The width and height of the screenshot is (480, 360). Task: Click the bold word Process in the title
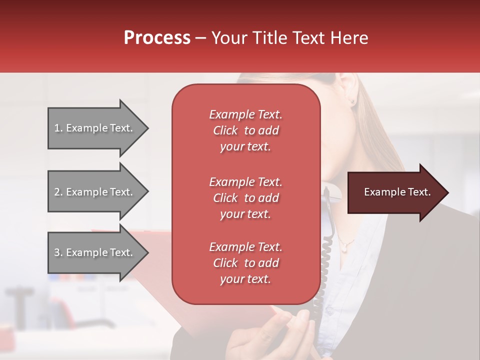click(x=157, y=38)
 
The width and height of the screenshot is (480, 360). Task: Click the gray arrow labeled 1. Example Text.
click(x=95, y=128)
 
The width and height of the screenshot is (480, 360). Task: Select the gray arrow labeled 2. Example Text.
click(x=95, y=192)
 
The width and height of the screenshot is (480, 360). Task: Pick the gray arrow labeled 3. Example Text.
click(x=95, y=252)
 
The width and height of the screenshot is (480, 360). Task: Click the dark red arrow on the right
click(x=395, y=192)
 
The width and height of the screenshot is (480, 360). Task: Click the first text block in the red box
click(x=245, y=130)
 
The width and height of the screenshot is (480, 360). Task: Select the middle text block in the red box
click(x=245, y=198)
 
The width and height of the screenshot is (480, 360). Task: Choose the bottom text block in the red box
click(x=245, y=263)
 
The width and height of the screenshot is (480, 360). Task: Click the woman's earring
click(x=353, y=100)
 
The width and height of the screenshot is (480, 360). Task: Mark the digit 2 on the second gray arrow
click(x=56, y=192)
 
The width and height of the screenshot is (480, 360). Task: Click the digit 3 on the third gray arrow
click(x=56, y=252)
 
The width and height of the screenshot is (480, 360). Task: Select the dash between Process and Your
click(x=201, y=38)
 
